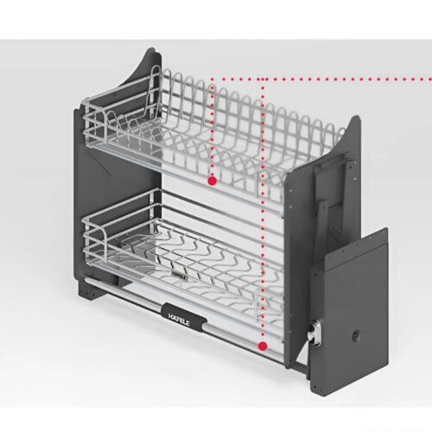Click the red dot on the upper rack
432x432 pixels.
point(211,181)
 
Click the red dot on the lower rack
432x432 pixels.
point(261,345)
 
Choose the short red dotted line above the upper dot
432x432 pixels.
point(211,130)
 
